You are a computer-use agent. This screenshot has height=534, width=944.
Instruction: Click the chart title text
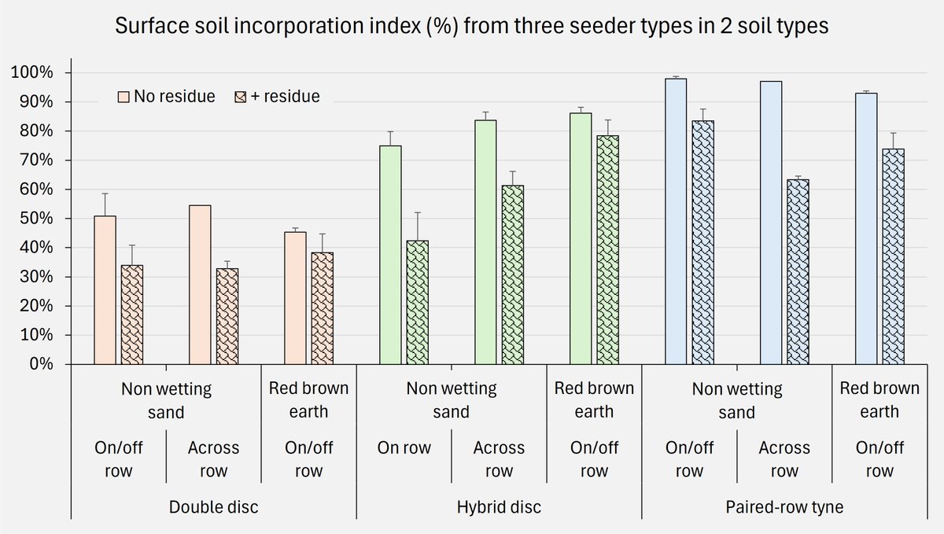pyautogui.click(x=472, y=26)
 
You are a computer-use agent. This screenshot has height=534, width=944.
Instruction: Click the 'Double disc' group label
pyautogui.click(x=214, y=507)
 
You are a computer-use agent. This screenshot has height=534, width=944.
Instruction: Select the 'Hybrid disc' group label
pyautogui.click(x=499, y=507)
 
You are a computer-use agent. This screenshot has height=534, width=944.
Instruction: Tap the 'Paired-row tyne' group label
pyautogui.click(x=784, y=507)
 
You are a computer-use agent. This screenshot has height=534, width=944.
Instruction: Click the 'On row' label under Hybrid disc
pyautogui.click(x=404, y=448)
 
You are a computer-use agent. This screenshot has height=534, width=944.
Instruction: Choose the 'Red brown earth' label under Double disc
pyautogui.click(x=308, y=400)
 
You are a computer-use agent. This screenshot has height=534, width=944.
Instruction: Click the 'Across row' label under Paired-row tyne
pyautogui.click(x=784, y=459)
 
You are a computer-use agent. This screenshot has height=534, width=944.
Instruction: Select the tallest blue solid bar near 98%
pyautogui.click(x=676, y=221)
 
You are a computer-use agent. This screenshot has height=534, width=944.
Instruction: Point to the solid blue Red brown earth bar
pyautogui.click(x=866, y=228)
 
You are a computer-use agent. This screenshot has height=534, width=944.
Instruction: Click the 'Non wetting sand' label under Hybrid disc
pyautogui.click(x=452, y=400)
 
